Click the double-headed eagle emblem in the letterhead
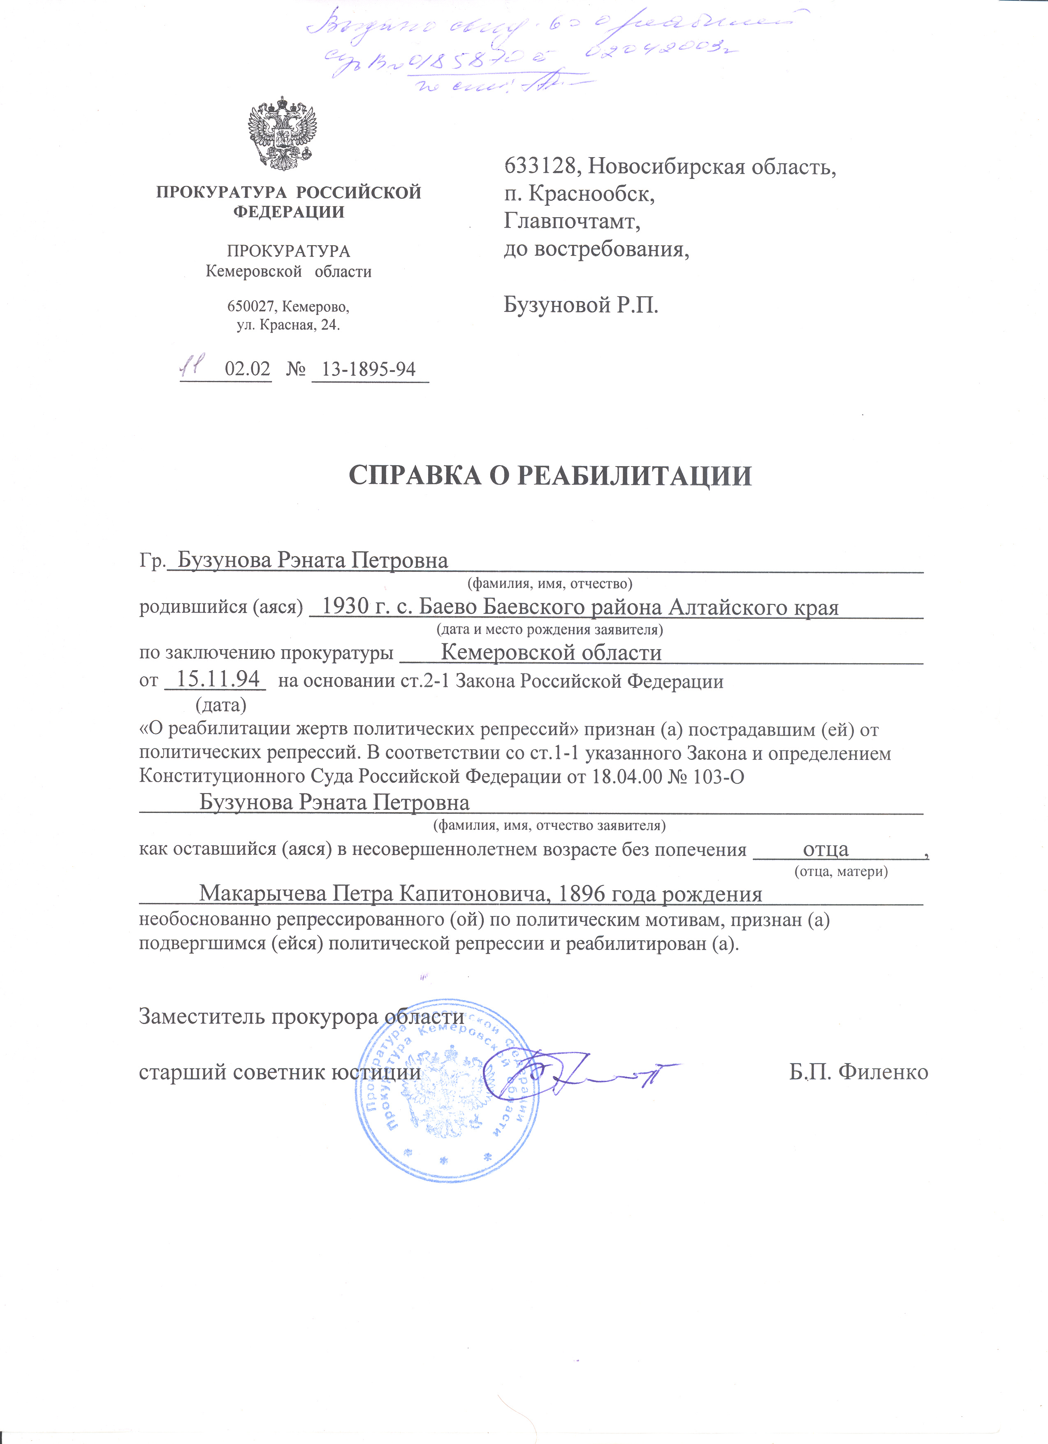[282, 133]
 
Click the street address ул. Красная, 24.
[288, 325]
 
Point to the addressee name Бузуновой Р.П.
[581, 306]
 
